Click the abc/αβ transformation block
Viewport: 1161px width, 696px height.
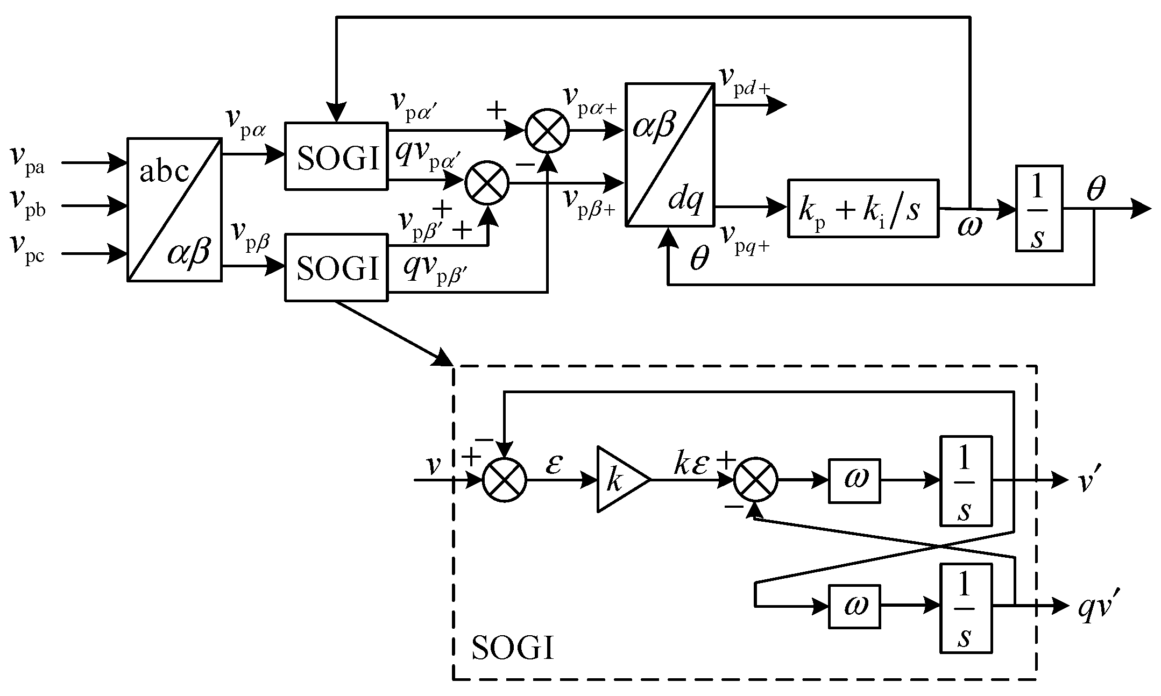[174, 209]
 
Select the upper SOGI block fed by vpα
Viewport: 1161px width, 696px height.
[336, 157]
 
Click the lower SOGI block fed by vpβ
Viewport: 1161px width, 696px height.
[336, 267]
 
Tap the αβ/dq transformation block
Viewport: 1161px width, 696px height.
[670, 154]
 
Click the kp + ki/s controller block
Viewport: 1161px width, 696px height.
[863, 208]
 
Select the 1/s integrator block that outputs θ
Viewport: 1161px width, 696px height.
[1039, 208]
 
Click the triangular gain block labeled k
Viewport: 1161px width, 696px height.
[619, 479]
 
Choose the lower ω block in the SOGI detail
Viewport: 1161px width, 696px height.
[854, 606]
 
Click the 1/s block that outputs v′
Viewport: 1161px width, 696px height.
[966, 480]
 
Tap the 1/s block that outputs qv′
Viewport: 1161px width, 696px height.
[966, 607]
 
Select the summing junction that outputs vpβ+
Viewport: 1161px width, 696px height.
[487, 183]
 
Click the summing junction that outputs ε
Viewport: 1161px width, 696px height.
[504, 480]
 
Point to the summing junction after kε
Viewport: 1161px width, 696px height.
[756, 480]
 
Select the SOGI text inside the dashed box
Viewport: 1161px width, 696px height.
[512, 648]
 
